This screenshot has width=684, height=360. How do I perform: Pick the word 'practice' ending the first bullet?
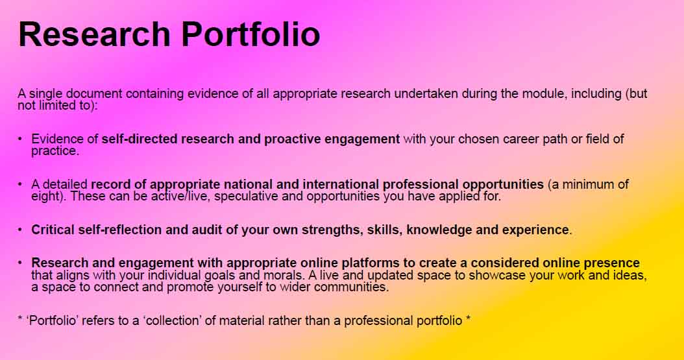pos(54,151)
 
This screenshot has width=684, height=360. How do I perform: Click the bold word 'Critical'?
pos(53,230)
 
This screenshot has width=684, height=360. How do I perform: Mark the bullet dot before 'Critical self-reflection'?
pos(20,229)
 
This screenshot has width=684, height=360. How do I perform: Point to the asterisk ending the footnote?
pos(469,319)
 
